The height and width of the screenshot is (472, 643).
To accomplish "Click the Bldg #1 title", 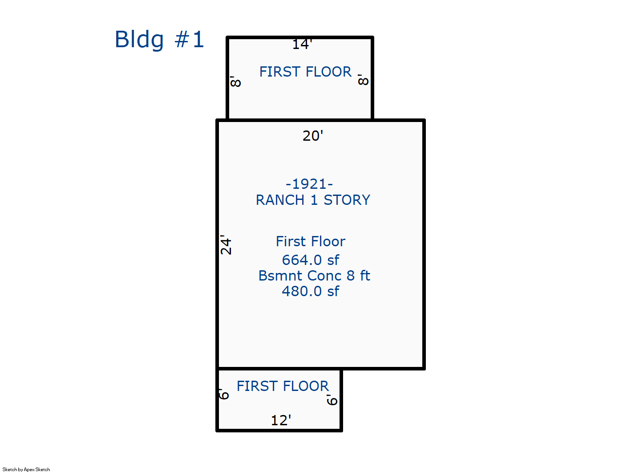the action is [x=159, y=39].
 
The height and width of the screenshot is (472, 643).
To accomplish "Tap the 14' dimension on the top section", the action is [x=302, y=44].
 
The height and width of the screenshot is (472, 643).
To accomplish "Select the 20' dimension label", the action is [x=313, y=136].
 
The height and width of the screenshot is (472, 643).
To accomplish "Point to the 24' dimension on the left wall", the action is [x=226, y=245].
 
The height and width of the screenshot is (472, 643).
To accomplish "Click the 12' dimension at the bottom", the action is [x=281, y=420].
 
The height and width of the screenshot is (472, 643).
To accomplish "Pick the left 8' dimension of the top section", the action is [x=235, y=81].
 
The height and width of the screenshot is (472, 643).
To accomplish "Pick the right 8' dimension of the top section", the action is [x=363, y=80].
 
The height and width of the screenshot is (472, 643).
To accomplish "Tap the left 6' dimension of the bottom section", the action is [x=224, y=394].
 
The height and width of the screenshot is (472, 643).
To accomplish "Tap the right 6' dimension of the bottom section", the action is [x=332, y=399].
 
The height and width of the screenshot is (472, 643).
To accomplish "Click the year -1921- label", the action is [x=309, y=184].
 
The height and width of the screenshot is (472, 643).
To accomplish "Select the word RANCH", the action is [x=280, y=200].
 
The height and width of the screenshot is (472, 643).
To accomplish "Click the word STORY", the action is [x=347, y=200].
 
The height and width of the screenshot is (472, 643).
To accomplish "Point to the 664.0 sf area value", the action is [x=310, y=260].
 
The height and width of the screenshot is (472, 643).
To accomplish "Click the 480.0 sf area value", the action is [x=310, y=291].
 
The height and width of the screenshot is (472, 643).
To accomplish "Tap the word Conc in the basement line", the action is [x=324, y=276].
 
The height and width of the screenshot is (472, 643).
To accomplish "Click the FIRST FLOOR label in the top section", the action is [x=305, y=72].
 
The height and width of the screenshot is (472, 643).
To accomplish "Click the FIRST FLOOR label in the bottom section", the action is [x=283, y=386].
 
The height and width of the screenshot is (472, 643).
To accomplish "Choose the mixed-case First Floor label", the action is [x=310, y=241].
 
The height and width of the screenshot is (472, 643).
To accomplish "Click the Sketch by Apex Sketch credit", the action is [x=26, y=469].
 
